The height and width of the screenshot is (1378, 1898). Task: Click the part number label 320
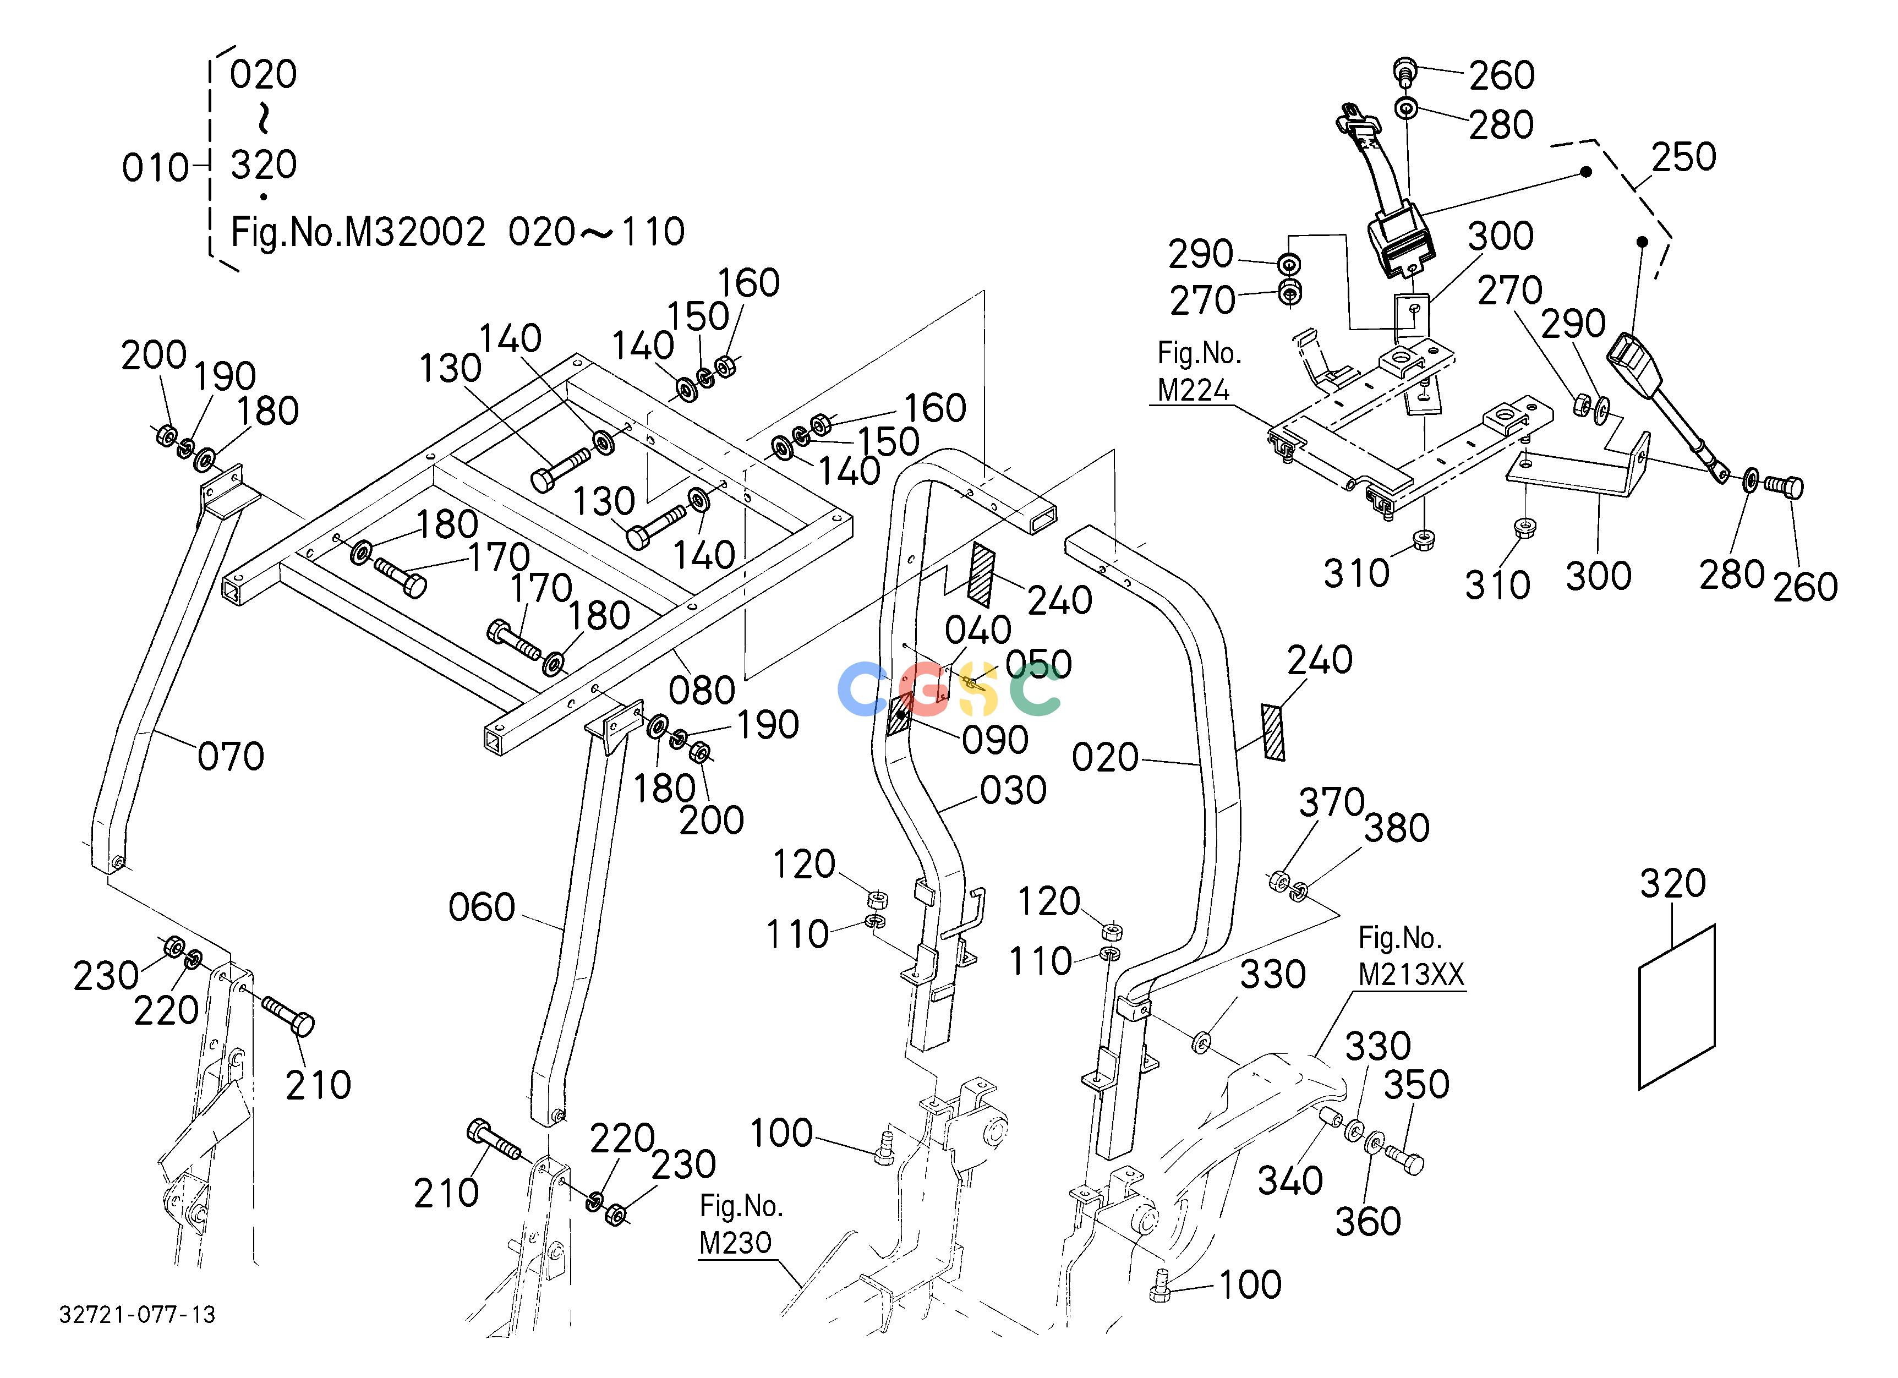click(x=1672, y=883)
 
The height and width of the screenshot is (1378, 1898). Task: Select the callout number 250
click(x=1684, y=157)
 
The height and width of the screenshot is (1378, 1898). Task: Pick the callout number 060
click(x=481, y=908)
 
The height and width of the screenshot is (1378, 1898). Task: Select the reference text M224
click(x=1194, y=390)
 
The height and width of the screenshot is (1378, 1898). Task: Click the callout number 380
click(x=1397, y=828)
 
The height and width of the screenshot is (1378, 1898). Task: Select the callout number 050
click(x=1038, y=664)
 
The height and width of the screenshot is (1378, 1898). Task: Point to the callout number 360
click(x=1368, y=1222)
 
